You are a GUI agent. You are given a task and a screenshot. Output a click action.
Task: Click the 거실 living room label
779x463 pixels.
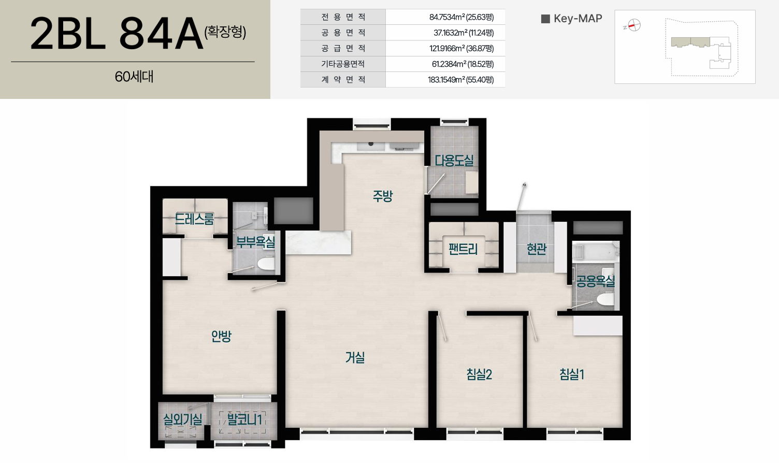(x=355, y=357)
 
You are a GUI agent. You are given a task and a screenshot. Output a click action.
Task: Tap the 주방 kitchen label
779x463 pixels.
(x=383, y=196)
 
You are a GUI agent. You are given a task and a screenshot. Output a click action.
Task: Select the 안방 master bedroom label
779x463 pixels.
(x=221, y=336)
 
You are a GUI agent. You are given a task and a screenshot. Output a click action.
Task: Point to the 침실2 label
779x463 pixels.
(x=479, y=374)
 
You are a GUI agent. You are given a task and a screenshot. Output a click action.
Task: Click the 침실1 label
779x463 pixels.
(x=572, y=374)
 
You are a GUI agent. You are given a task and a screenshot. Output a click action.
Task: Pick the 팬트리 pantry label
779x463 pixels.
(x=463, y=249)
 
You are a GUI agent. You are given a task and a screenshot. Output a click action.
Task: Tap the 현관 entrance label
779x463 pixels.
(x=536, y=249)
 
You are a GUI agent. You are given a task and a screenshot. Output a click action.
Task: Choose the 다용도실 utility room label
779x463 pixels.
(x=454, y=161)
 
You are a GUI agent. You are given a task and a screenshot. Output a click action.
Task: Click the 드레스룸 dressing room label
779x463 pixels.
(x=194, y=219)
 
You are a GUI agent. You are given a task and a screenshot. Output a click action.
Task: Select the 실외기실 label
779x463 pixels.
(x=182, y=419)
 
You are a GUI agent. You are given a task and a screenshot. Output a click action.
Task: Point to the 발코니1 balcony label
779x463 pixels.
(x=244, y=419)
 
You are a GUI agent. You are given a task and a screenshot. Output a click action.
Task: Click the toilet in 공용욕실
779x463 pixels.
(x=605, y=300)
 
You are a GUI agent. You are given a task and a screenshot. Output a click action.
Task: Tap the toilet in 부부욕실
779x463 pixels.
(x=266, y=264)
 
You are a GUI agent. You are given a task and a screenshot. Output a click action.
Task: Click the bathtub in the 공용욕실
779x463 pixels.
(x=596, y=252)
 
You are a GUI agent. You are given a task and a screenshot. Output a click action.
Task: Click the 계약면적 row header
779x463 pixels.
(x=343, y=80)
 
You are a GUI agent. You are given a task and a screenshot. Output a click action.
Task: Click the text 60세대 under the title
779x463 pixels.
(x=134, y=77)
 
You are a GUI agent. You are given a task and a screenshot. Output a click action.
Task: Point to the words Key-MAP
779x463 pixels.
(x=578, y=19)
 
